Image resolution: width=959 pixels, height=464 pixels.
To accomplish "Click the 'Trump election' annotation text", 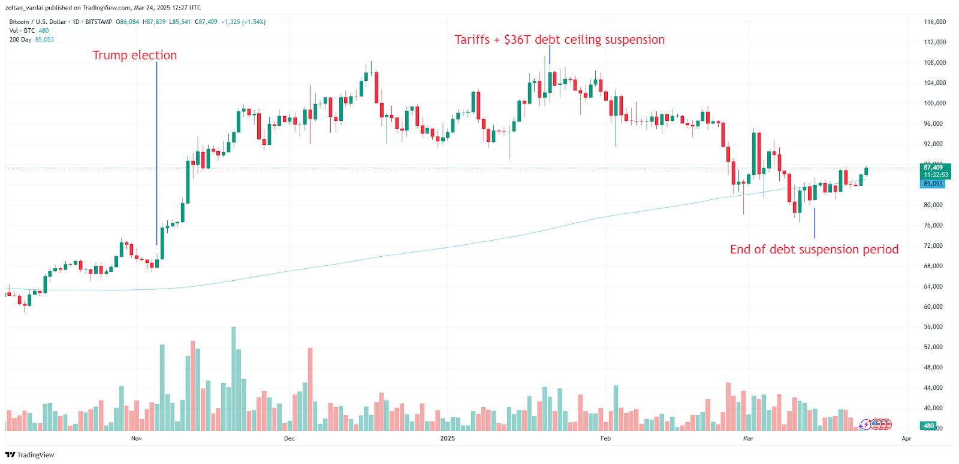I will (x=134, y=55).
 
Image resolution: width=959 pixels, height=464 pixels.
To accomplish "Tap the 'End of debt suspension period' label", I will (x=814, y=250).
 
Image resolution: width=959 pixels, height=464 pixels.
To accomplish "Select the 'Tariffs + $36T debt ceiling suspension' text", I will (x=559, y=40).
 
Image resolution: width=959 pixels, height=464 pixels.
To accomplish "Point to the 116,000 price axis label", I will (x=934, y=22).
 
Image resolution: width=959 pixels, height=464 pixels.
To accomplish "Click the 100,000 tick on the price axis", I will (x=934, y=104).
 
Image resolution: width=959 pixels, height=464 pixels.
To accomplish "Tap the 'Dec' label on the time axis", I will (x=289, y=439).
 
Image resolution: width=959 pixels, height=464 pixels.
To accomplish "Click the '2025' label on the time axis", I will (x=447, y=439).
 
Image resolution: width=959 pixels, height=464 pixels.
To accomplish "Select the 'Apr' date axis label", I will (x=906, y=439).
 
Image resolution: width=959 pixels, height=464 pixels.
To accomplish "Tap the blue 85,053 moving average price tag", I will (x=933, y=184).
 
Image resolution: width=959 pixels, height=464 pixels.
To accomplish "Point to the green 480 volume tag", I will (x=928, y=426).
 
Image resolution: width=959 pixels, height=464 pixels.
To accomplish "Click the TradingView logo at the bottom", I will (x=29, y=455).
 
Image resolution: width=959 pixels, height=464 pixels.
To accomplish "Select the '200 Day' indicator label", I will (x=20, y=40).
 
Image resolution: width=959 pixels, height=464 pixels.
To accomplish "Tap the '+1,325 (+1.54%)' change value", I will (x=243, y=22).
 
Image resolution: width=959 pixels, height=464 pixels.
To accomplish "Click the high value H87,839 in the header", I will (x=153, y=22).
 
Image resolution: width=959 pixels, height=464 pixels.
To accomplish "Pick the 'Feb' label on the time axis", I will (x=605, y=439).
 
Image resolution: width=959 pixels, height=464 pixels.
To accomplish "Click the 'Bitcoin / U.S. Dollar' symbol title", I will (x=38, y=22).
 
